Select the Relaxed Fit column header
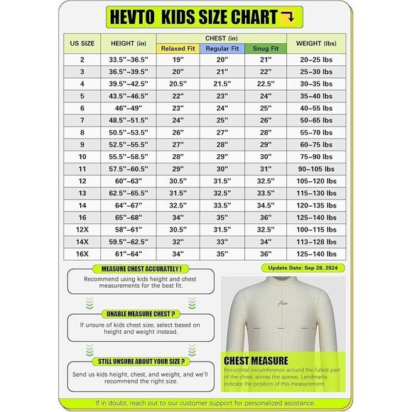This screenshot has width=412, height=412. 178,48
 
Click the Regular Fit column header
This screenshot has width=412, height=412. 222,48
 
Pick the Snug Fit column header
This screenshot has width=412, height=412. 265,48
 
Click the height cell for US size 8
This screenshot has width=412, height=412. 129,132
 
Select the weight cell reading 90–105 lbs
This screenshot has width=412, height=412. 316,168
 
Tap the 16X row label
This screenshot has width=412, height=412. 82,254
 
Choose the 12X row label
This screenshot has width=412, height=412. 82,229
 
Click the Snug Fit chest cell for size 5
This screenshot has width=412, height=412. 265,96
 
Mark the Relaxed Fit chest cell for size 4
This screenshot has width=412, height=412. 178,84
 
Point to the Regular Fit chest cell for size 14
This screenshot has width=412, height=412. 222,205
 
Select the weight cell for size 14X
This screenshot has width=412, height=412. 316,242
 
